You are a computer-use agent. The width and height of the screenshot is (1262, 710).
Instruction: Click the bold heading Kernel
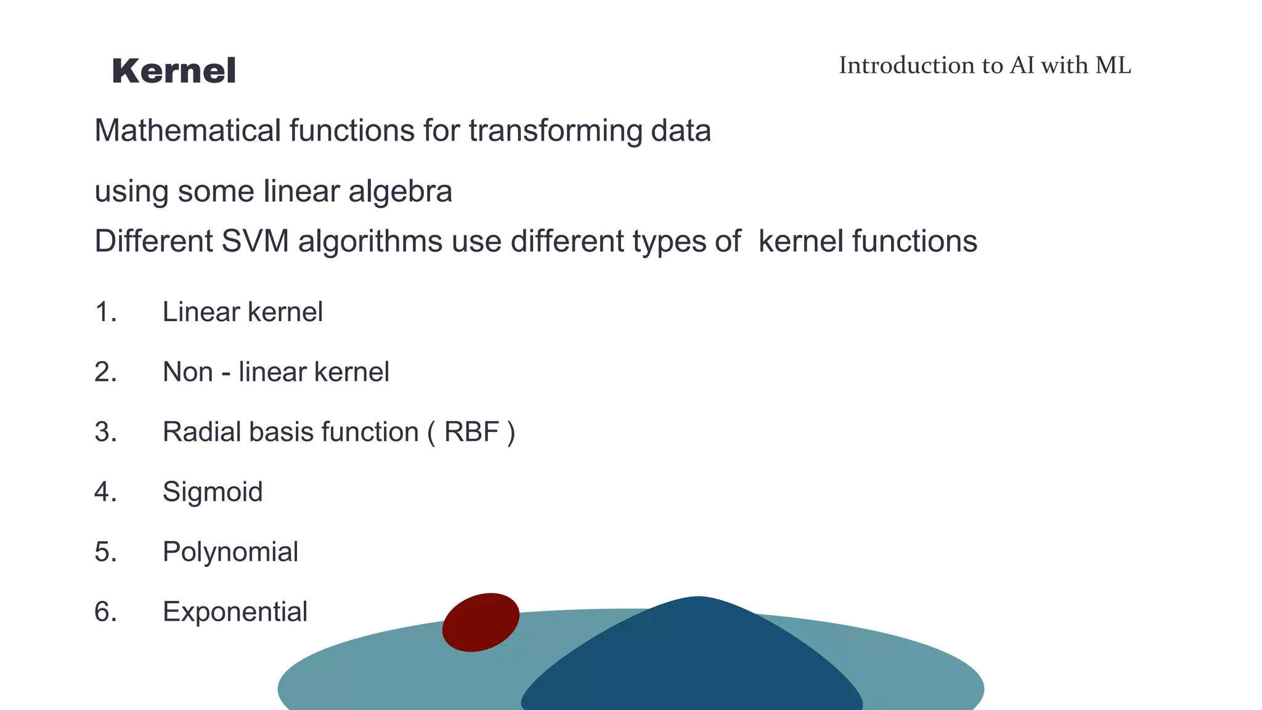click(x=174, y=71)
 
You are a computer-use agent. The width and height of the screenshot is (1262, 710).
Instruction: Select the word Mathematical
click(x=187, y=131)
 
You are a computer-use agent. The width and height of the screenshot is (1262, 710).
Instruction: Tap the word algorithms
click(x=370, y=241)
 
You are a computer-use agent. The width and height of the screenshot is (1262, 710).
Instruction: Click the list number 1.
click(x=105, y=312)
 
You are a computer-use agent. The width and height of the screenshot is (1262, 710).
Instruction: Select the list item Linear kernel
click(x=242, y=312)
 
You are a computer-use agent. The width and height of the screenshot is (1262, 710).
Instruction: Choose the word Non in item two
click(x=187, y=372)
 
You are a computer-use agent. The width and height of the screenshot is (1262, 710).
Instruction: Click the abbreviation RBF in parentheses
click(x=471, y=432)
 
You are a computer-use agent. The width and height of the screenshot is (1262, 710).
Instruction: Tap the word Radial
click(x=202, y=432)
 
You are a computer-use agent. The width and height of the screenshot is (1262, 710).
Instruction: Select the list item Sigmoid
click(x=213, y=492)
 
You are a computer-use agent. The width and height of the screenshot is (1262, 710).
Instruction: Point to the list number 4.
click(x=105, y=492)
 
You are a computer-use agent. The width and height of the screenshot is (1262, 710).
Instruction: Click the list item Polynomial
click(x=230, y=552)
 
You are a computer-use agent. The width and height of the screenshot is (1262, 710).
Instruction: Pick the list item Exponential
click(x=235, y=612)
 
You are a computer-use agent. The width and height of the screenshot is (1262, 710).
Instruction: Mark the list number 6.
click(x=105, y=612)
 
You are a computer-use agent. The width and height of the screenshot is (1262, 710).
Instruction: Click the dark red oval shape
click(x=481, y=622)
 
